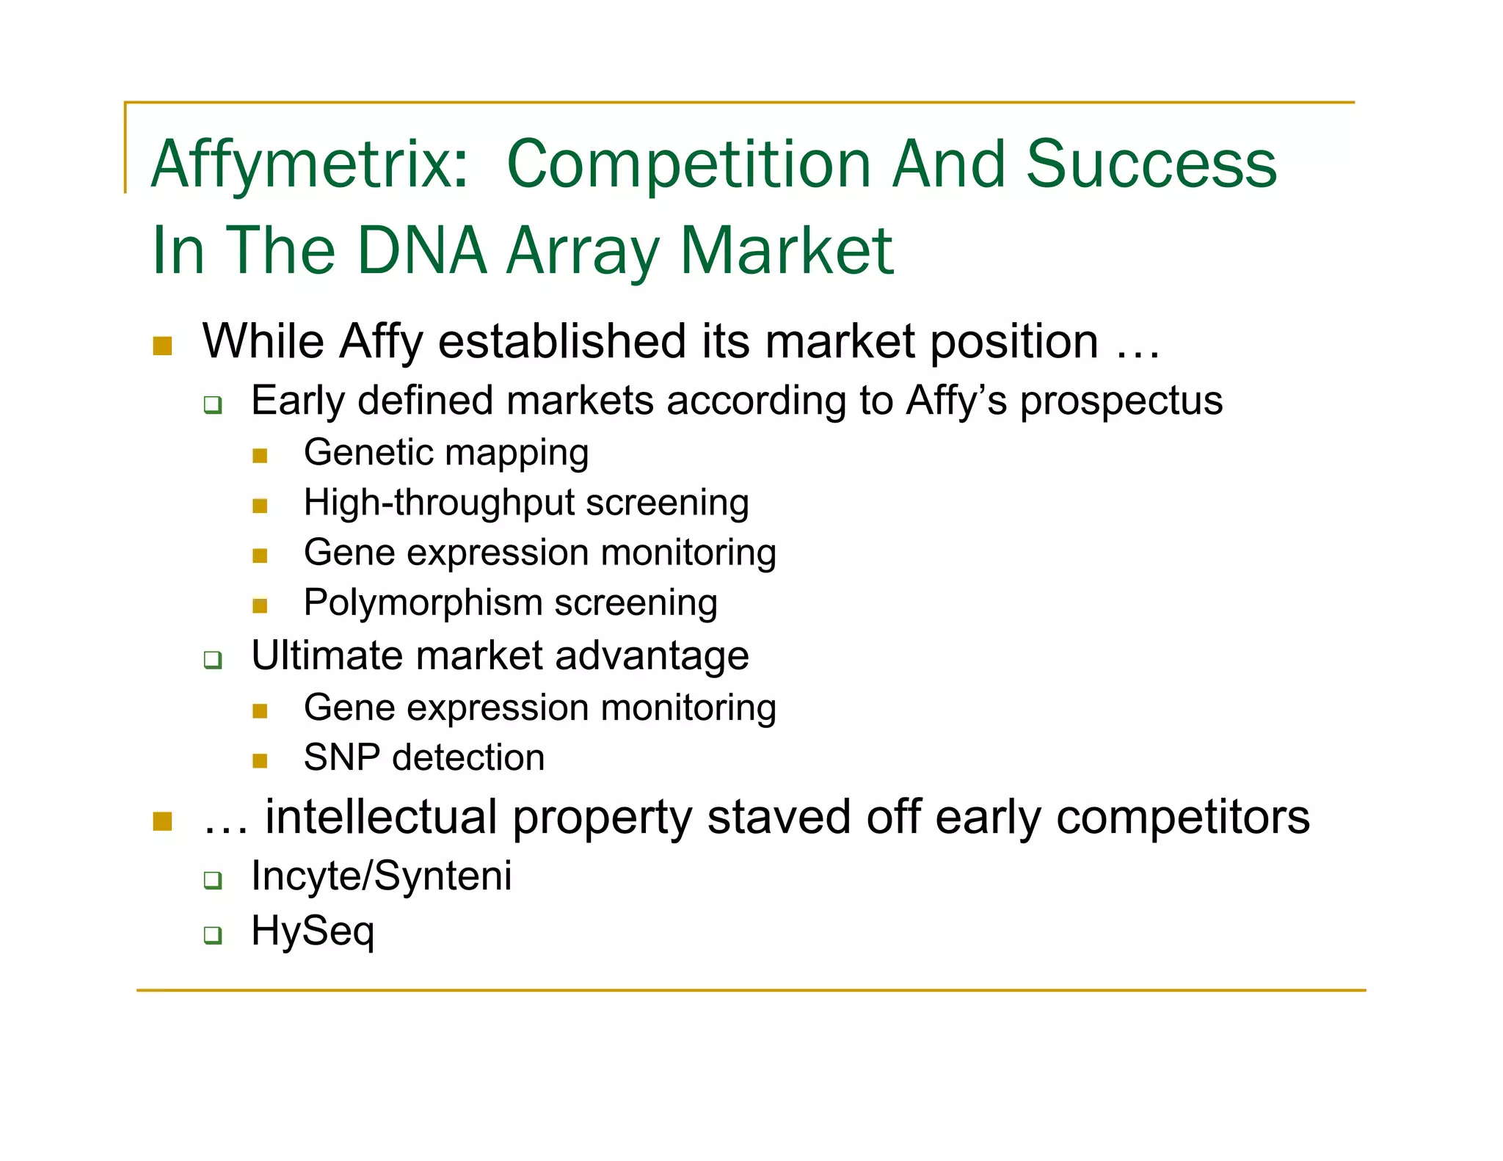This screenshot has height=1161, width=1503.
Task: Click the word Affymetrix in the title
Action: [x=309, y=164]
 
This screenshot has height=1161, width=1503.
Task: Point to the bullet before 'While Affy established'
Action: [x=162, y=345]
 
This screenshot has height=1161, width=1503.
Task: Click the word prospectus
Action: [x=1121, y=401]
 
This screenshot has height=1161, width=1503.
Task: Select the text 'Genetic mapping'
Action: [x=446, y=452]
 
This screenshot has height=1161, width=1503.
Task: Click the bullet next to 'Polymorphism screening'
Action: [x=260, y=605]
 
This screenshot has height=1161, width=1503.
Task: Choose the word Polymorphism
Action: [x=423, y=603]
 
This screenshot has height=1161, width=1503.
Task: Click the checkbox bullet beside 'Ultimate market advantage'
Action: [x=213, y=659]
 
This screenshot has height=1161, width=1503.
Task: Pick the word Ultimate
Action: [x=327, y=655]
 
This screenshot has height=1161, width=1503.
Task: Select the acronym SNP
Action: [x=341, y=757]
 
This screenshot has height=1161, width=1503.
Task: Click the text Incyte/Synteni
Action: [x=381, y=876]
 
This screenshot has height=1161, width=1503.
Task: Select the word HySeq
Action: [x=313, y=931]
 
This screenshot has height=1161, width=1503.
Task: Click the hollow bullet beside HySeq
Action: [x=213, y=935]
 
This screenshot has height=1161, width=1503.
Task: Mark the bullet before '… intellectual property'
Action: [x=162, y=820]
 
